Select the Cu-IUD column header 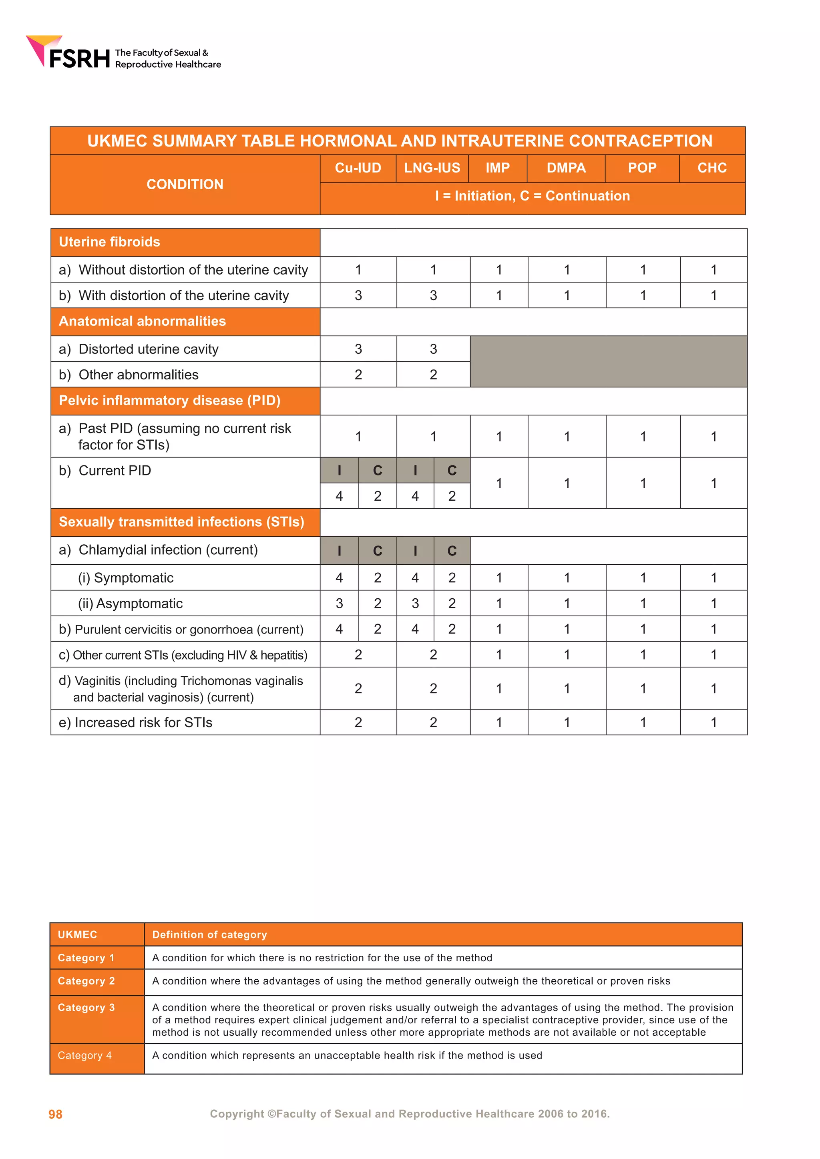(358, 168)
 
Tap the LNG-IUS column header (432, 168)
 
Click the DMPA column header (566, 168)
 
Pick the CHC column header (712, 168)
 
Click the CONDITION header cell (185, 184)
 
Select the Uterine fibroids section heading (110, 242)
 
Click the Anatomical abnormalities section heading (143, 321)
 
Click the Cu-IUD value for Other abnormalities (358, 375)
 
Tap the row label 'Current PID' (115, 471)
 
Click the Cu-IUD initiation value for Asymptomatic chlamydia (339, 603)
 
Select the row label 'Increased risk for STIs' (143, 722)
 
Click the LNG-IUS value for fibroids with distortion (433, 295)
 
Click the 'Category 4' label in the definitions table (85, 1055)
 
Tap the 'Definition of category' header (209, 935)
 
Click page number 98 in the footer (56, 1114)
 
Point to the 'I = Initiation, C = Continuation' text (532, 196)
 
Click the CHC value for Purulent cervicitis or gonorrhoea (713, 629)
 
